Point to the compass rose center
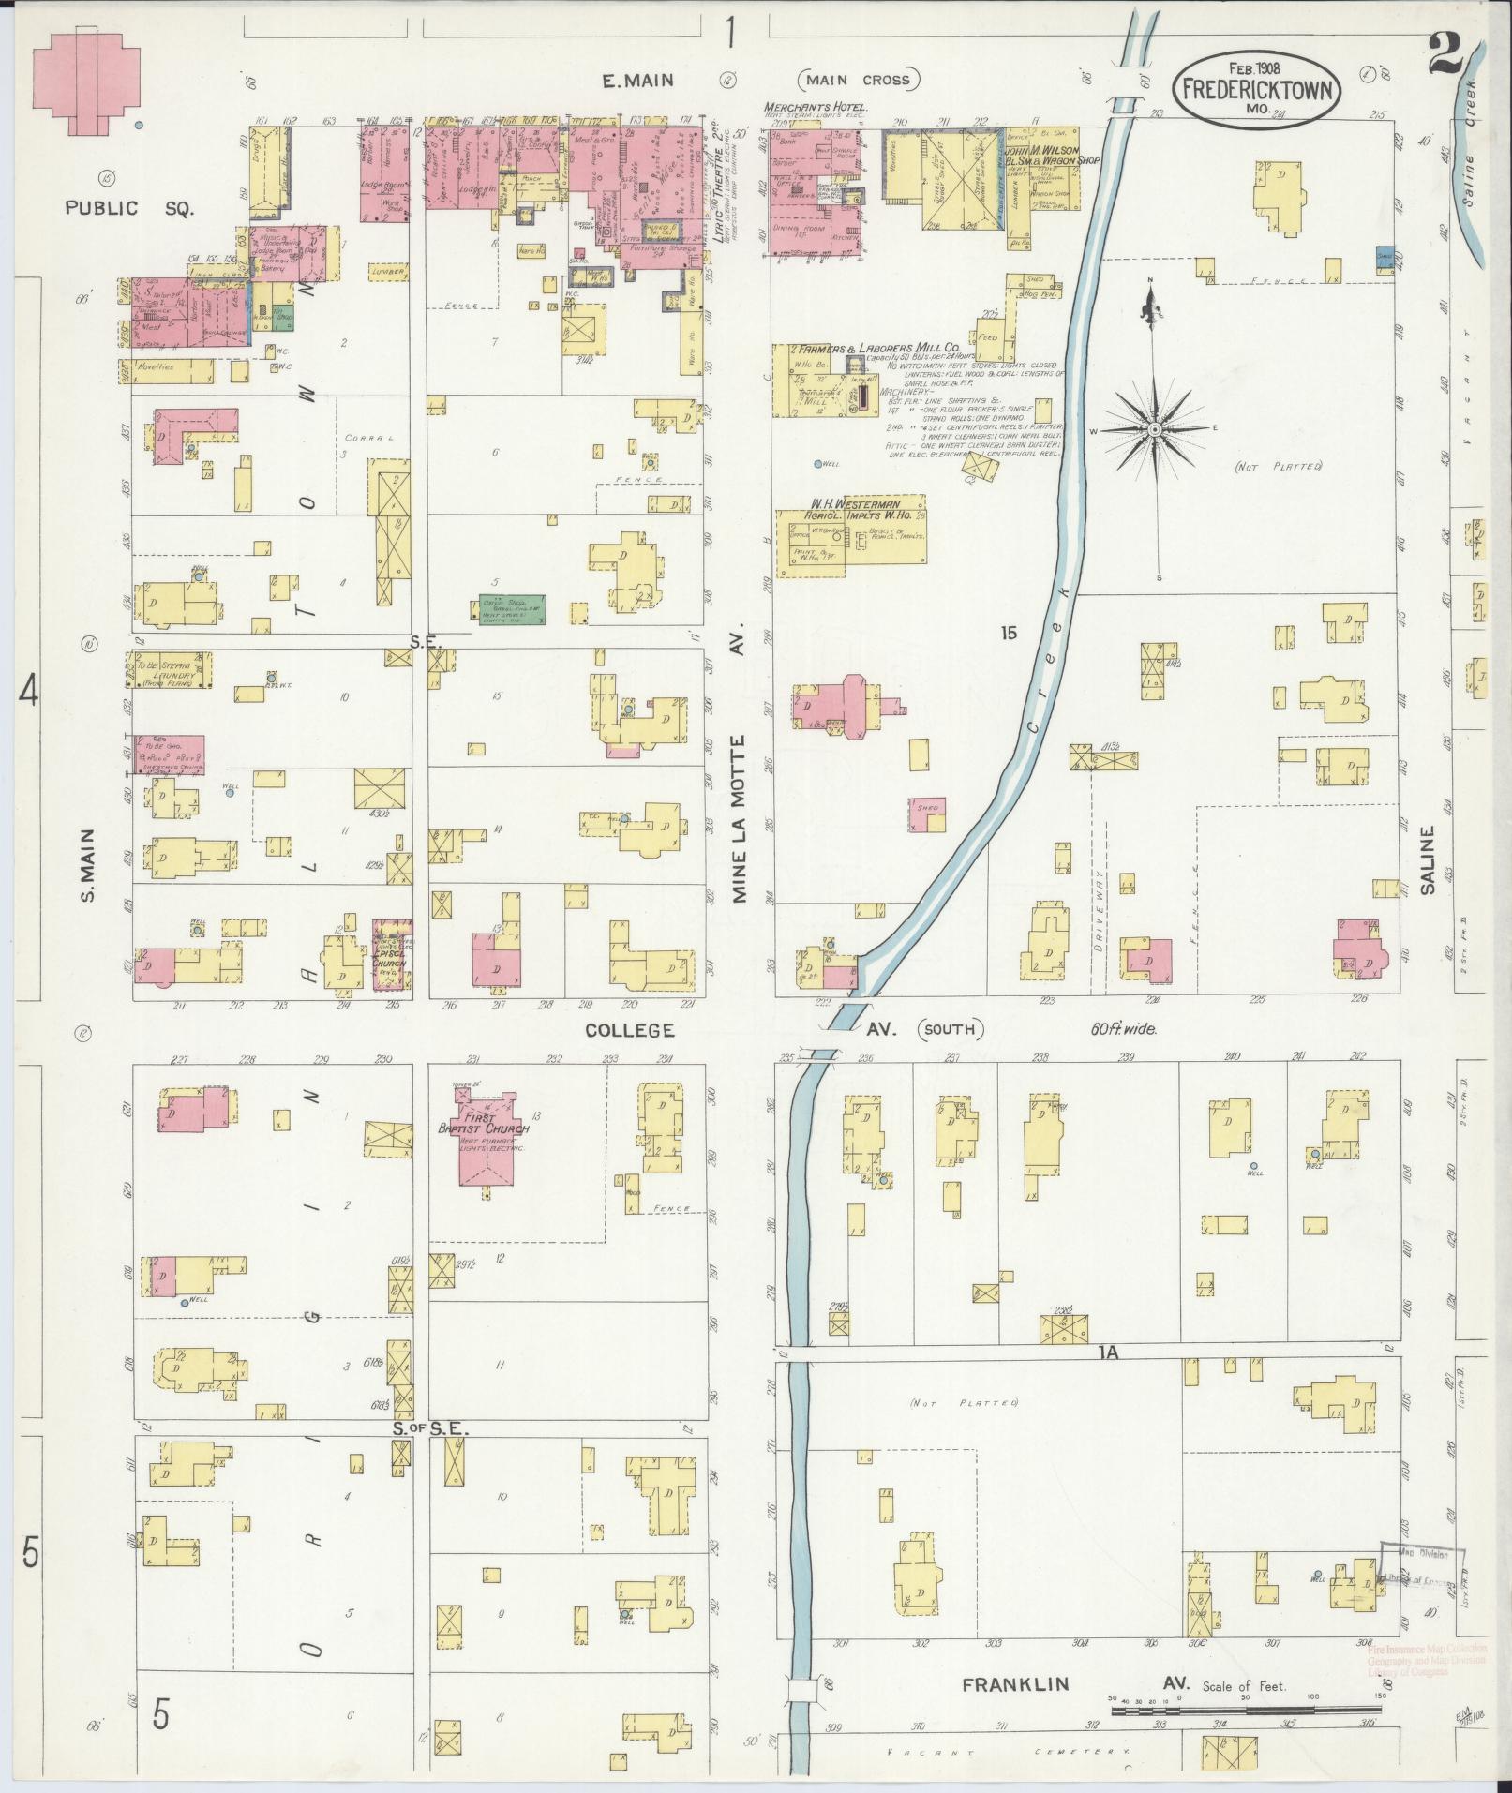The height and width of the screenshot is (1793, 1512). (1155, 429)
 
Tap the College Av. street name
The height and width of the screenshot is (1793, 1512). (630, 1030)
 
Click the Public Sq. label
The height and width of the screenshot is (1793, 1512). (129, 208)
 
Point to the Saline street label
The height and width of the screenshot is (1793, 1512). (1428, 859)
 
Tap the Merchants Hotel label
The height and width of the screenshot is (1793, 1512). (816, 107)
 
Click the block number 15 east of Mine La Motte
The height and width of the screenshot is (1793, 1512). (1008, 634)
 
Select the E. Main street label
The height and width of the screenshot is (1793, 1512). (637, 81)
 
